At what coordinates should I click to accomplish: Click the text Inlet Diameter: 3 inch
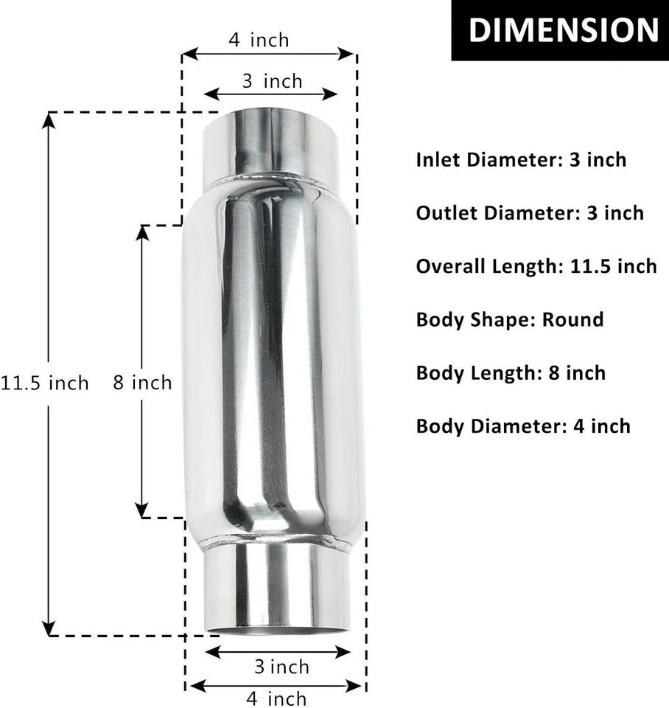click(x=521, y=159)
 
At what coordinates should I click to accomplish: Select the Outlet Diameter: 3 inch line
click(x=530, y=213)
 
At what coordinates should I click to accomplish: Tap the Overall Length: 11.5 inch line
click(x=536, y=265)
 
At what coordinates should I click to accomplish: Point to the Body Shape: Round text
click(x=509, y=319)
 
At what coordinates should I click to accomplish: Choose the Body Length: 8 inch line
click(x=511, y=372)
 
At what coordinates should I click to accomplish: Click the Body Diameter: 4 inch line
click(x=523, y=426)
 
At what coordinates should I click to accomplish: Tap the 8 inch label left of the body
click(x=142, y=382)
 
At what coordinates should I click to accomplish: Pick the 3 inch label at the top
click(x=272, y=80)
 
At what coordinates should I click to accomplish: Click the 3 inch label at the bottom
click(x=281, y=667)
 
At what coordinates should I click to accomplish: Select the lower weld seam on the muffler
click(x=276, y=544)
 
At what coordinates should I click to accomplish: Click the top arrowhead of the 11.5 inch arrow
click(x=49, y=119)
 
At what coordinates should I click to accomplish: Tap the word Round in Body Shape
click(x=572, y=319)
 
